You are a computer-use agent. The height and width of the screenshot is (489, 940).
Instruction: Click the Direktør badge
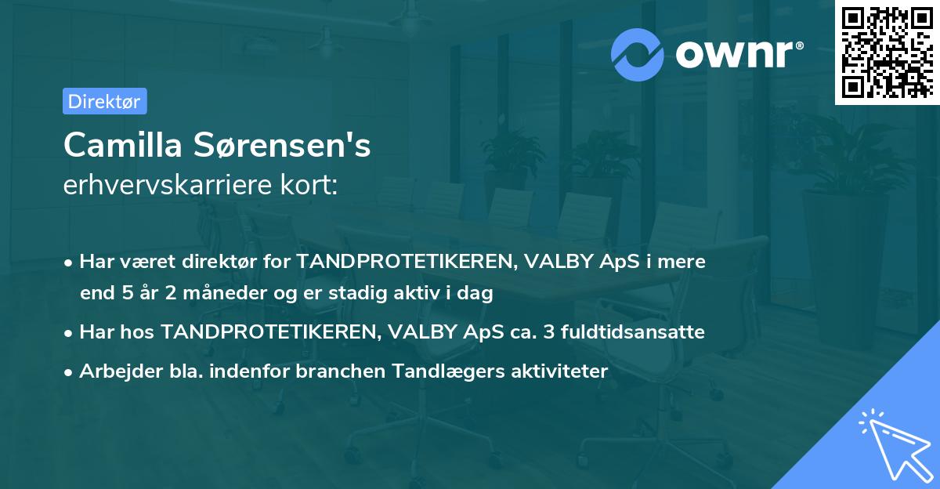[104, 101]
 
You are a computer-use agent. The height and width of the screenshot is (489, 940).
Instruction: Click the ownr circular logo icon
[638, 54]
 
